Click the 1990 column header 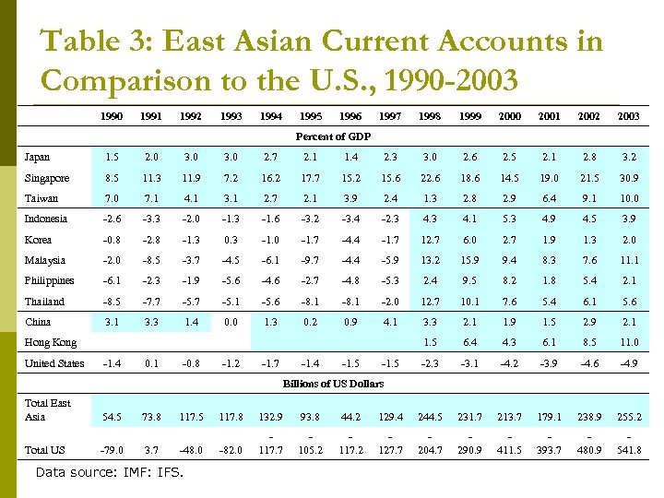(x=113, y=117)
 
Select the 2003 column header (x=629, y=117)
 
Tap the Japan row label (x=38, y=158)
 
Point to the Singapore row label (x=46, y=178)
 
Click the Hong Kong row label (x=50, y=342)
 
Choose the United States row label (x=54, y=363)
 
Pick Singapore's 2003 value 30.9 (x=629, y=178)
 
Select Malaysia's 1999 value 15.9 (x=470, y=261)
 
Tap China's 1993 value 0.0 (x=231, y=322)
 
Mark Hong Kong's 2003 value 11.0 (x=629, y=342)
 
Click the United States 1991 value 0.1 (x=152, y=363)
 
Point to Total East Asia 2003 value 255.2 (x=629, y=418)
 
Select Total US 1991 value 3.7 (x=152, y=450)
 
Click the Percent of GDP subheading (x=332, y=136)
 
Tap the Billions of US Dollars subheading (x=332, y=383)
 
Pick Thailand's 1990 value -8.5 (x=113, y=302)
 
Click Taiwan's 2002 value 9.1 (x=589, y=198)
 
